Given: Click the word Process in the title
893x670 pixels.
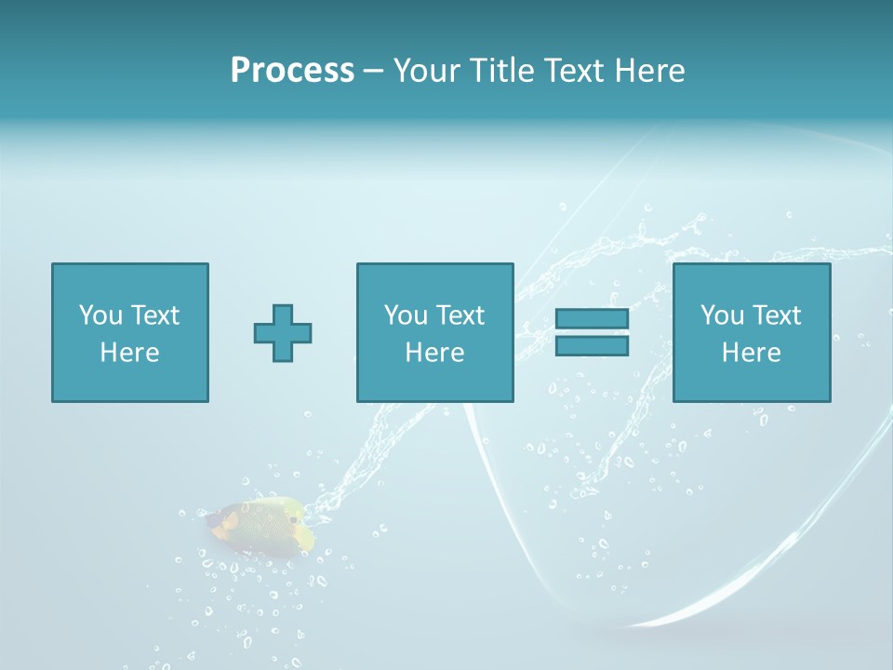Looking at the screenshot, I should tap(292, 71).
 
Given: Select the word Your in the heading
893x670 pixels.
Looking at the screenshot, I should tap(427, 71).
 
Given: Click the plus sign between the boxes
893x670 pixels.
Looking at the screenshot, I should tap(283, 332).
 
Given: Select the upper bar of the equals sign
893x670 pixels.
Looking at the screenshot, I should tap(592, 319).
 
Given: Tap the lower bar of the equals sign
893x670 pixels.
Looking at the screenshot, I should tap(592, 345).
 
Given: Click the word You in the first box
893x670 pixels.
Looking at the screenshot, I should tap(100, 315).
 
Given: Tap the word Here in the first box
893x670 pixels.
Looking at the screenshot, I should tap(130, 353).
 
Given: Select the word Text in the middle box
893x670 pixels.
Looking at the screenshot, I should tap(461, 315).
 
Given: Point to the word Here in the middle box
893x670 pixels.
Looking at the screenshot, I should tap(435, 353).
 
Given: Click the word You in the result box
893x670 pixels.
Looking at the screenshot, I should tap(722, 315).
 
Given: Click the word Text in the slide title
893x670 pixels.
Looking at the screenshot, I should tap(574, 71).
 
